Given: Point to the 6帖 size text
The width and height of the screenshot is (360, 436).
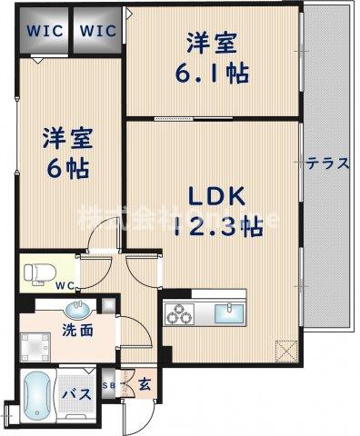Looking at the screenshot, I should tap(63, 170).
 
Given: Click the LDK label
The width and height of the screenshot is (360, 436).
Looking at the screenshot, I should tap(216, 198).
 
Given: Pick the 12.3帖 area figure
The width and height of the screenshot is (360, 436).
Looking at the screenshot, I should tap(217, 229).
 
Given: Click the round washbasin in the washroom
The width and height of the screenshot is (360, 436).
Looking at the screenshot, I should tap(79, 308).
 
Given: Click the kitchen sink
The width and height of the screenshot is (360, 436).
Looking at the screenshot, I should tap(227, 313).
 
